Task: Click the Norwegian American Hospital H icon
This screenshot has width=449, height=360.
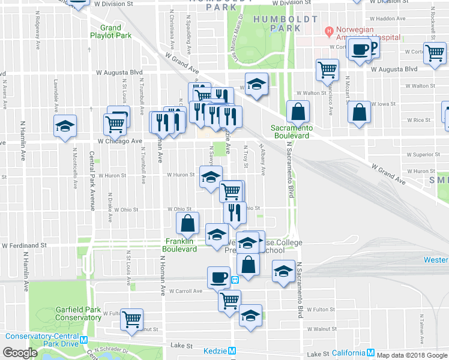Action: coord(328,30)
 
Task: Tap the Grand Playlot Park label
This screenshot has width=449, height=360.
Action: coord(110,31)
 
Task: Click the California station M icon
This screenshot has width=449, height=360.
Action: coord(371,353)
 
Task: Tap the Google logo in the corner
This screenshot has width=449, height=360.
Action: coord(20,353)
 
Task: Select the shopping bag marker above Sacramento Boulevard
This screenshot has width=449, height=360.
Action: coord(298,111)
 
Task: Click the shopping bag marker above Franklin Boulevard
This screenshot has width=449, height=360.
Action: coord(188,223)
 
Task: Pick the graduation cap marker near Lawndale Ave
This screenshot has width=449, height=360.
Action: coord(65,126)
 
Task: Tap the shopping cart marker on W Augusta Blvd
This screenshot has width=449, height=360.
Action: coord(327,70)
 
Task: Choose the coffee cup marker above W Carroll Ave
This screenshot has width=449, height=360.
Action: coord(218,277)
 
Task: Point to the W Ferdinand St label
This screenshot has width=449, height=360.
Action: coord(24,245)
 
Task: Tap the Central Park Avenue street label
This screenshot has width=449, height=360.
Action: coord(92,181)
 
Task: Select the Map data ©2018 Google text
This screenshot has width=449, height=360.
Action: coord(412,355)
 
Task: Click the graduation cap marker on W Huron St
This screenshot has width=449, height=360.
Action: coord(211,178)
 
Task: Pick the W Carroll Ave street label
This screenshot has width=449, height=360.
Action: coord(185,291)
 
